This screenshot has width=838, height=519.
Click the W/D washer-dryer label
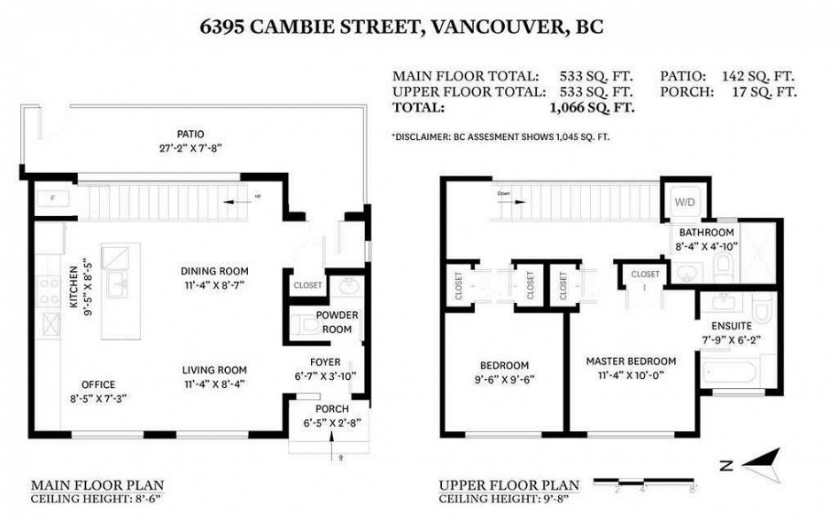click(684, 201)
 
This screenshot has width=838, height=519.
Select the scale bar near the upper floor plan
click(644, 483)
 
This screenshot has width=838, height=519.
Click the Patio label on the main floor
click(184, 135)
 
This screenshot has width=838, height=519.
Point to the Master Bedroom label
click(630, 361)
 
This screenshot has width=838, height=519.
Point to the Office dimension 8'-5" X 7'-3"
click(98, 399)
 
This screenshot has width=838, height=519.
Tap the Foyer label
click(325, 361)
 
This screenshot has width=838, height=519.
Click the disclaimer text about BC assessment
click(500, 137)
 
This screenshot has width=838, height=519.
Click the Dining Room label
click(214, 271)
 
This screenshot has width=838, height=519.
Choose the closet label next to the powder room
click(307, 286)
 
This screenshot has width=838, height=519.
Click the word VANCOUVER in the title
click(497, 27)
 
